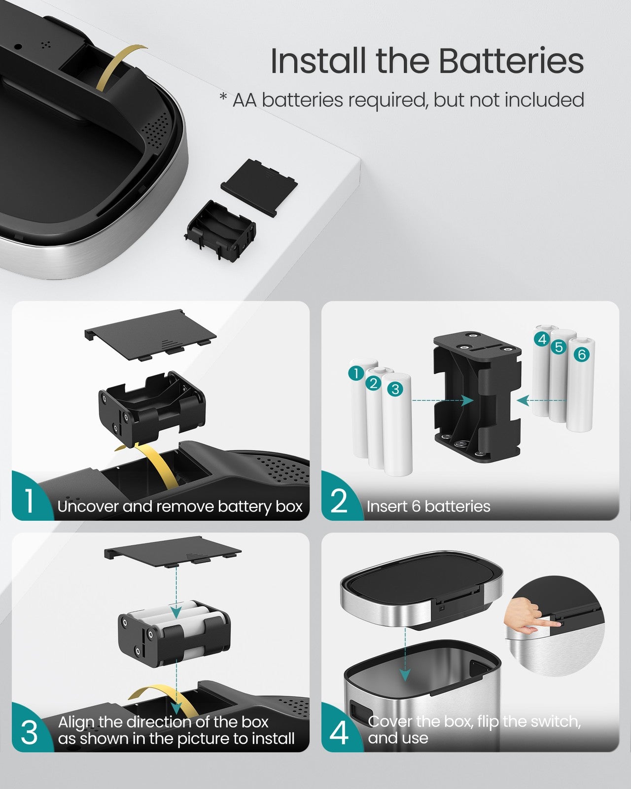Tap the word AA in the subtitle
(x=245, y=100)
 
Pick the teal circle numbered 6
(x=582, y=354)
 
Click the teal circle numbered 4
(x=542, y=339)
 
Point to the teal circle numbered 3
(x=395, y=389)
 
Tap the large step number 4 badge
(x=339, y=733)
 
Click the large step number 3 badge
(x=30, y=733)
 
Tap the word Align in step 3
(x=76, y=722)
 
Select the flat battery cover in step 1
(x=150, y=335)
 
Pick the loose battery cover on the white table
(x=259, y=187)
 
